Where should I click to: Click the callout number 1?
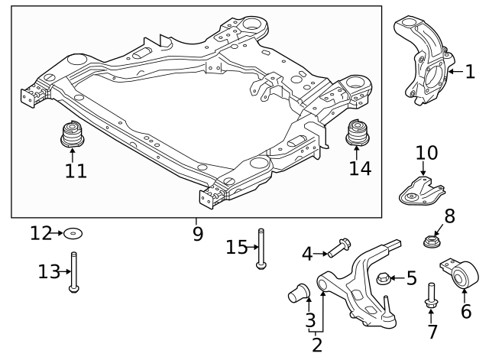470,73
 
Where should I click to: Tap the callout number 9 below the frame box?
198,232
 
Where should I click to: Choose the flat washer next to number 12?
73,233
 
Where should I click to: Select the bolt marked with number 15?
261,249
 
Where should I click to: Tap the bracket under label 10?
419,191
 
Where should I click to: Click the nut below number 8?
431,242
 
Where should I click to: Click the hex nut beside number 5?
385,277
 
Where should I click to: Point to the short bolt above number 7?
430,298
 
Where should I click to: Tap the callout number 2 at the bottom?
317,345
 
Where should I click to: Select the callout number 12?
42,232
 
